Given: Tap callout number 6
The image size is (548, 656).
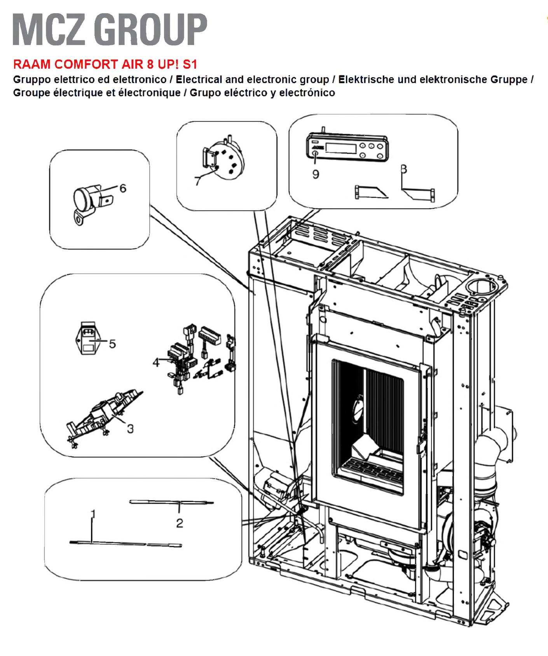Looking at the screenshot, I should (123, 188).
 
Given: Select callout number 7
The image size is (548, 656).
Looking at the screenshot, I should (198, 181).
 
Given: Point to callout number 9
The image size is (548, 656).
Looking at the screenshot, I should (316, 174).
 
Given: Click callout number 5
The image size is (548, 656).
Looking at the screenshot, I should (112, 344).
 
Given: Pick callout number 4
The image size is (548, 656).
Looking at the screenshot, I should (156, 363).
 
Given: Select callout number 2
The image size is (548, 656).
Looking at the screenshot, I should (179, 523).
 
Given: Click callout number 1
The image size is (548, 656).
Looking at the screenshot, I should (93, 514).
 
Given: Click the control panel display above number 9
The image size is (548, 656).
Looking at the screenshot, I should (340, 148).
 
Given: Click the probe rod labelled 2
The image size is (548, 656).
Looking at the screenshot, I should (171, 502).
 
